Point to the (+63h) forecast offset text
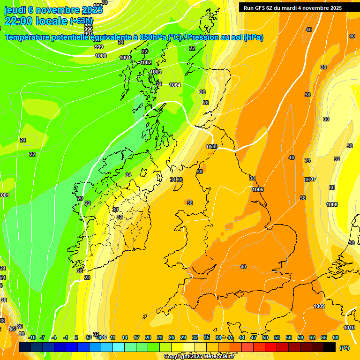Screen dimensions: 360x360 coord(82,21)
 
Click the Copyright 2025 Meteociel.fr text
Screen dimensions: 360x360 coord(199,357)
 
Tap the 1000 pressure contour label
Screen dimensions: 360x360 coord(101,56)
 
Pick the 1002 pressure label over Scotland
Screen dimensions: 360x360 coord(146,62)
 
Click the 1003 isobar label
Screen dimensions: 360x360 coord(156,72)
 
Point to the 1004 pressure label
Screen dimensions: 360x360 coord(175,85)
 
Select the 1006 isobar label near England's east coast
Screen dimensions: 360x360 coord(257,189)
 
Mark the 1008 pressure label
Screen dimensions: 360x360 coord(332,204)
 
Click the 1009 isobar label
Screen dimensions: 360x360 coord(319,306)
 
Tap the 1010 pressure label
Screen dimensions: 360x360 coord(349,328)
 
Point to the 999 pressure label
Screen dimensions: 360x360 coord(99,47)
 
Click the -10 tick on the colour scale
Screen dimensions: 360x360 coord(32,337)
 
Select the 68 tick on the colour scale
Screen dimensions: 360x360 coord(336,337)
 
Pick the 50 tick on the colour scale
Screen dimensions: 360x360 coord(265,337)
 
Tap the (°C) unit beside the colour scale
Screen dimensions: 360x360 coord(345,348)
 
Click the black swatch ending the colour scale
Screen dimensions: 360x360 coord(330,347)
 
